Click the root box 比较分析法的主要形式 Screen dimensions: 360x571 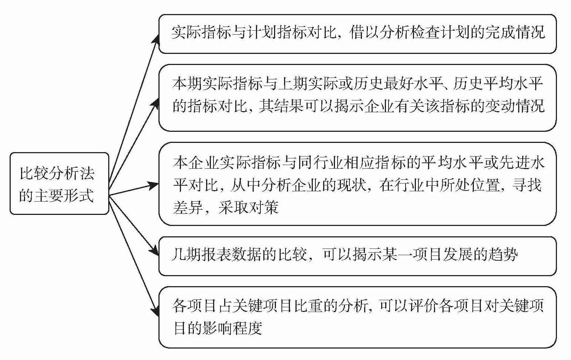click(59, 184)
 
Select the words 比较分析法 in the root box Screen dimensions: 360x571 click(57, 173)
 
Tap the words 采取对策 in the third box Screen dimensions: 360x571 click(248, 208)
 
